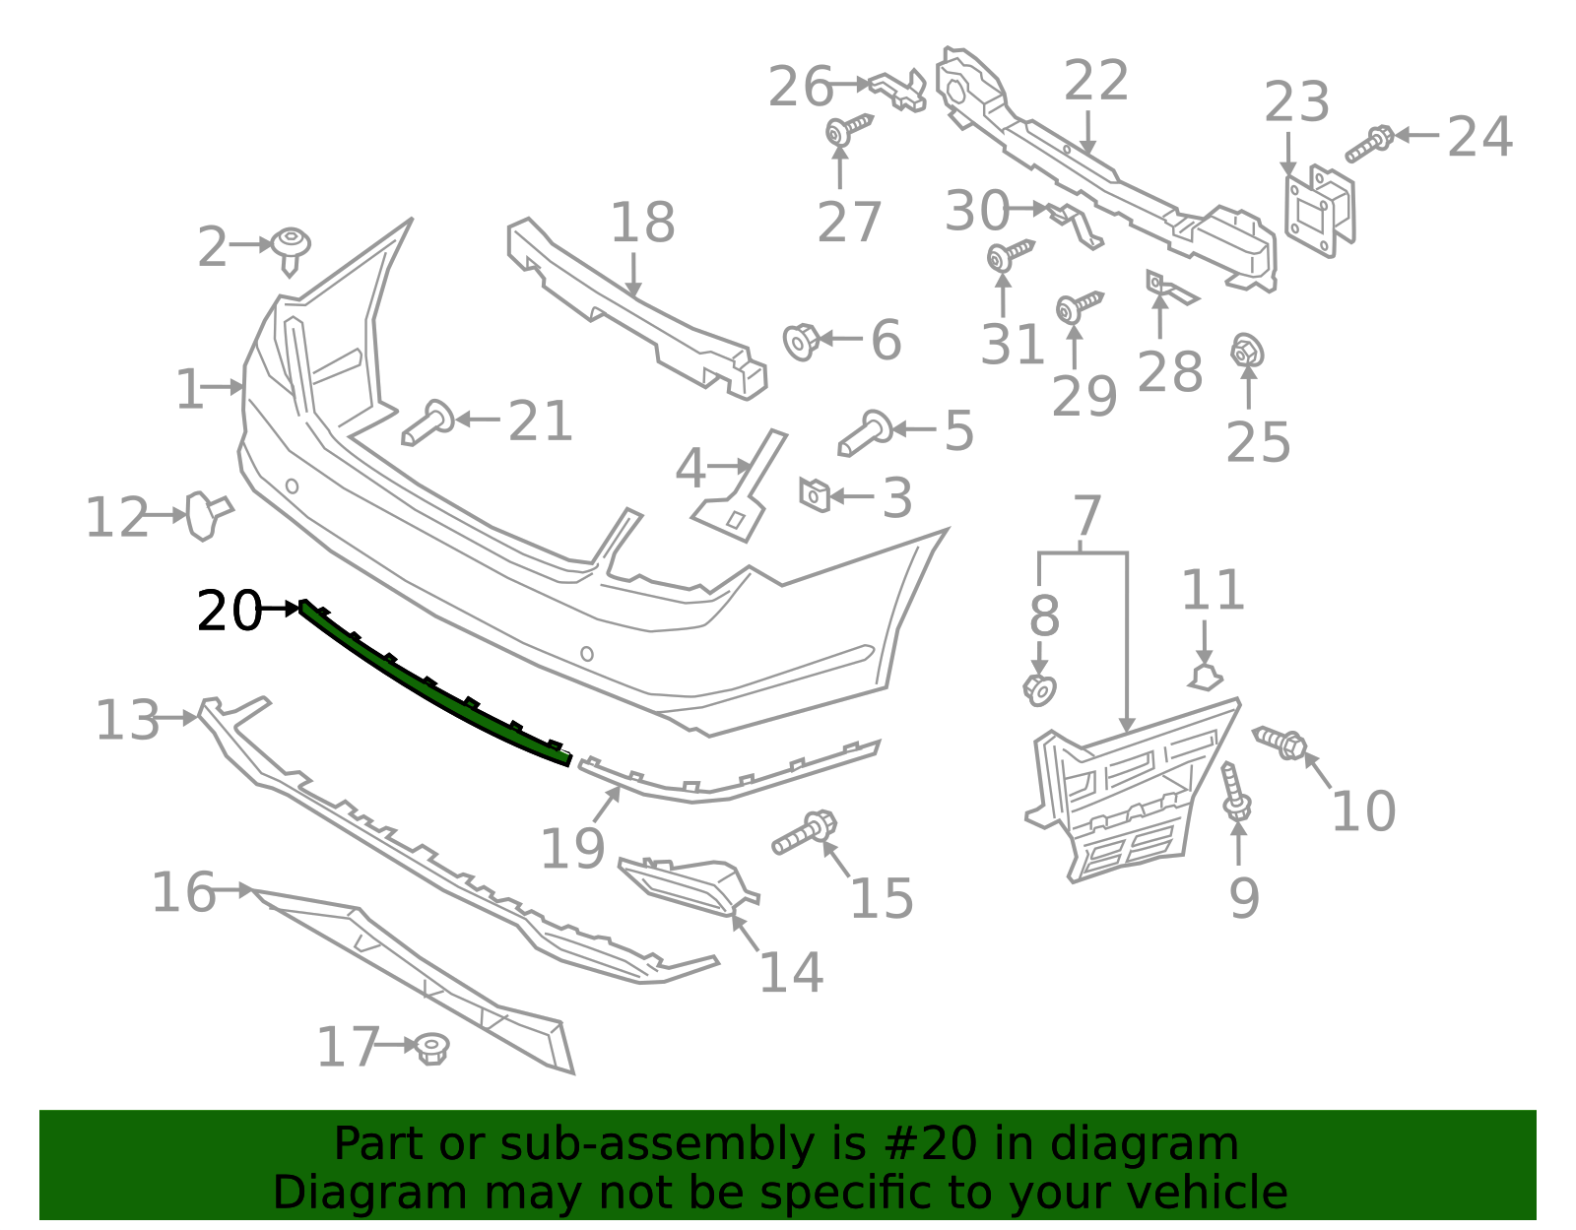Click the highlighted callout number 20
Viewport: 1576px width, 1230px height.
[x=230, y=611]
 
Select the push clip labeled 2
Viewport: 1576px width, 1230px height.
[x=291, y=251]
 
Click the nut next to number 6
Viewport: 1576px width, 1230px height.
[x=801, y=342]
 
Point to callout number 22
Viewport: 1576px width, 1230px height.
[x=1096, y=80]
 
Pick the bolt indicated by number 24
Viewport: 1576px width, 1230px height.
[x=1368, y=143]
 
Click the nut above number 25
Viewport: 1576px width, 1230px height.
[x=1247, y=352]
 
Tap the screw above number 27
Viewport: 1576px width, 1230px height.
[x=848, y=129]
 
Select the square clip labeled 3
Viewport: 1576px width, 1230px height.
[x=815, y=495]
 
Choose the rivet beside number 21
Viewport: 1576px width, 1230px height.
[x=428, y=421]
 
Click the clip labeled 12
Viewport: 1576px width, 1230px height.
[x=208, y=515]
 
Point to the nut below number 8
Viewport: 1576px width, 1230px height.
[x=1040, y=690]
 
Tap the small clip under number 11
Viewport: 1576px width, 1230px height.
[x=1205, y=679]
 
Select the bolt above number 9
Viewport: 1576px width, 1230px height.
[x=1235, y=792]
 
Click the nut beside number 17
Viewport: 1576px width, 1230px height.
[x=433, y=1049]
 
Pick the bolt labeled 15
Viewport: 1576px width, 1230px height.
[x=805, y=833]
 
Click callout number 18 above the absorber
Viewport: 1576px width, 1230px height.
[x=642, y=223]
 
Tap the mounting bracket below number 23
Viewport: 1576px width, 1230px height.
[x=1320, y=210]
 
